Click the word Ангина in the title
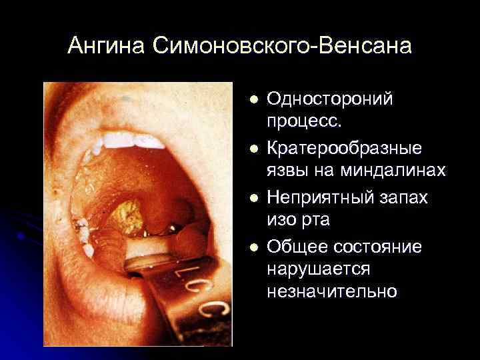pyautogui.click(x=106, y=47)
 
